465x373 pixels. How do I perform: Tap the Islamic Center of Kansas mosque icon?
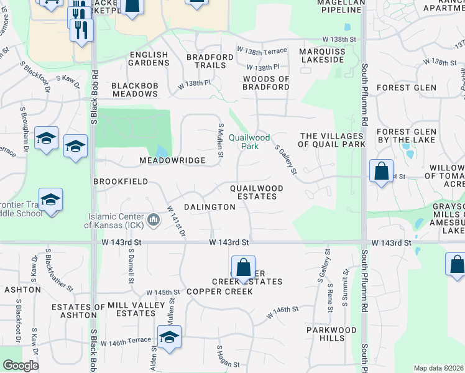(x=155, y=218)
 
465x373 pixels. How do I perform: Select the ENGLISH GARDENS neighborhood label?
(x=149, y=59)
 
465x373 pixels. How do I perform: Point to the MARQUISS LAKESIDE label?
(x=321, y=55)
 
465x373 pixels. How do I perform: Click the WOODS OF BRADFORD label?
(x=266, y=83)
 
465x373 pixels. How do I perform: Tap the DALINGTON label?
(x=209, y=207)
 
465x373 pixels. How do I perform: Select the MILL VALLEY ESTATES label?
(x=131, y=309)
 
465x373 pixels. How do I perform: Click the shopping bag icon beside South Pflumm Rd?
(x=381, y=171)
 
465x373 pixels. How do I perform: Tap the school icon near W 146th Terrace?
(x=169, y=337)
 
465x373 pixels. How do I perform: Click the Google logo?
(x=21, y=366)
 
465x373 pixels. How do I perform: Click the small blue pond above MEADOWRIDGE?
(x=162, y=151)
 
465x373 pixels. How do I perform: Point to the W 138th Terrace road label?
(x=262, y=49)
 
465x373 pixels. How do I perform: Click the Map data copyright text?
(x=438, y=368)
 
